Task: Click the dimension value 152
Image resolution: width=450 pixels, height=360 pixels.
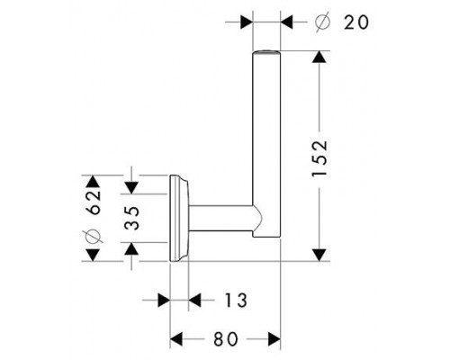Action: pyautogui.click(x=319, y=158)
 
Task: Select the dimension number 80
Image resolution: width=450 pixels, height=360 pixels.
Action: pyautogui.click(x=226, y=339)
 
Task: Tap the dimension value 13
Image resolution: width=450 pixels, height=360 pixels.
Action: pyautogui.click(x=236, y=300)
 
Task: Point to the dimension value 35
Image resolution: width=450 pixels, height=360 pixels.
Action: pyautogui.click(x=132, y=218)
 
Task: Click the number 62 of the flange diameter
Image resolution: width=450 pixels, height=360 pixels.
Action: pyautogui.click(x=94, y=202)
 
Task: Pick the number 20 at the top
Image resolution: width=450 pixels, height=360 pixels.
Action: pyautogui.click(x=356, y=22)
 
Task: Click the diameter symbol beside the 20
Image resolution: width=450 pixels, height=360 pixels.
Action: pyautogui.click(x=323, y=22)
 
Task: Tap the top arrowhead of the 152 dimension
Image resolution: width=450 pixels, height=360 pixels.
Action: pyautogui.click(x=319, y=57)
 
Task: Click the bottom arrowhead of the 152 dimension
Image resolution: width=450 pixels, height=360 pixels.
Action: pyautogui.click(x=319, y=255)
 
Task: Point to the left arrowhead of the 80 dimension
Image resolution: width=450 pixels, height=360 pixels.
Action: pyautogui.click(x=176, y=339)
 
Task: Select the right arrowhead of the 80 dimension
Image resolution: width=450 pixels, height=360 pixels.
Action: pyautogui.click(x=274, y=339)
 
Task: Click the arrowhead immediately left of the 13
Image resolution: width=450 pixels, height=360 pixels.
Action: pyautogui.click(x=194, y=300)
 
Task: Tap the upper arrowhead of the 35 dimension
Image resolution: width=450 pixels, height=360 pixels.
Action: pyautogui.click(x=131, y=188)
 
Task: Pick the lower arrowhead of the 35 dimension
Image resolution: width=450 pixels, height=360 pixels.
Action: pyautogui.click(x=131, y=248)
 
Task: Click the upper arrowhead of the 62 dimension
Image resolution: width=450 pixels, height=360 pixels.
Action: pyautogui.click(x=93, y=181)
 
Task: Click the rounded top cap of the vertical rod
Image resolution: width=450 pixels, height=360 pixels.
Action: pyautogui.click(x=266, y=53)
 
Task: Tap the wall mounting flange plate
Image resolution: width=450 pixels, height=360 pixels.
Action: pyautogui.click(x=178, y=218)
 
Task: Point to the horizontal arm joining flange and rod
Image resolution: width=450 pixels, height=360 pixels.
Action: pyautogui.click(x=220, y=219)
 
